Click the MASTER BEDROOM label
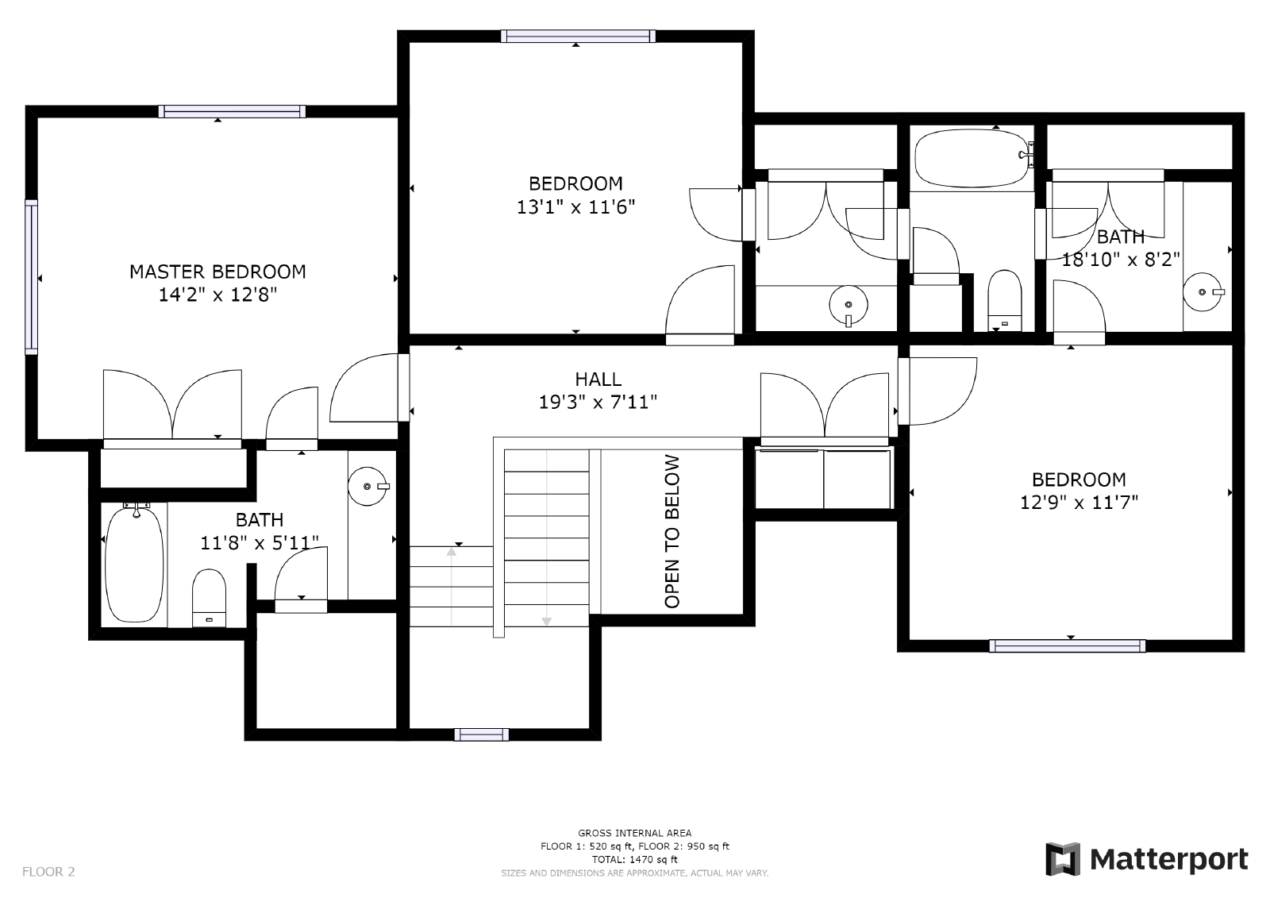pos(217,272)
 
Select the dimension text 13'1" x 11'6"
pos(575,207)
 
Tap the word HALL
pos(598,379)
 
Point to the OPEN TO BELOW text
pos(672,531)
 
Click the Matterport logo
pos(1146,859)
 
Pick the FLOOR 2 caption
pos(48,871)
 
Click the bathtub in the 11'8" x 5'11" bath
pos(134,564)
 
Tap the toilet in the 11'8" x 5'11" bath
pos(210,598)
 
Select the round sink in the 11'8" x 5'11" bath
pos(368,486)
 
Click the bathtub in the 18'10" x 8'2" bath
pos(972,158)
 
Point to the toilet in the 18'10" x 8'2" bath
pos(1004,300)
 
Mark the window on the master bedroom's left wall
pos(31,277)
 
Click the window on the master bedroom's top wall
pos(232,112)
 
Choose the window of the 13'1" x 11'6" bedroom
pos(579,37)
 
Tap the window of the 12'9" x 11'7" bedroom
pos(1068,646)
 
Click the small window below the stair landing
pos(481,734)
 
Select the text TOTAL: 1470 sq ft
pos(635,859)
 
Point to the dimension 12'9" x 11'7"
pos(1079,503)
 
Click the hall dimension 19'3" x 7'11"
pos(598,403)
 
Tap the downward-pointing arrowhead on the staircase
pos(547,621)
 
